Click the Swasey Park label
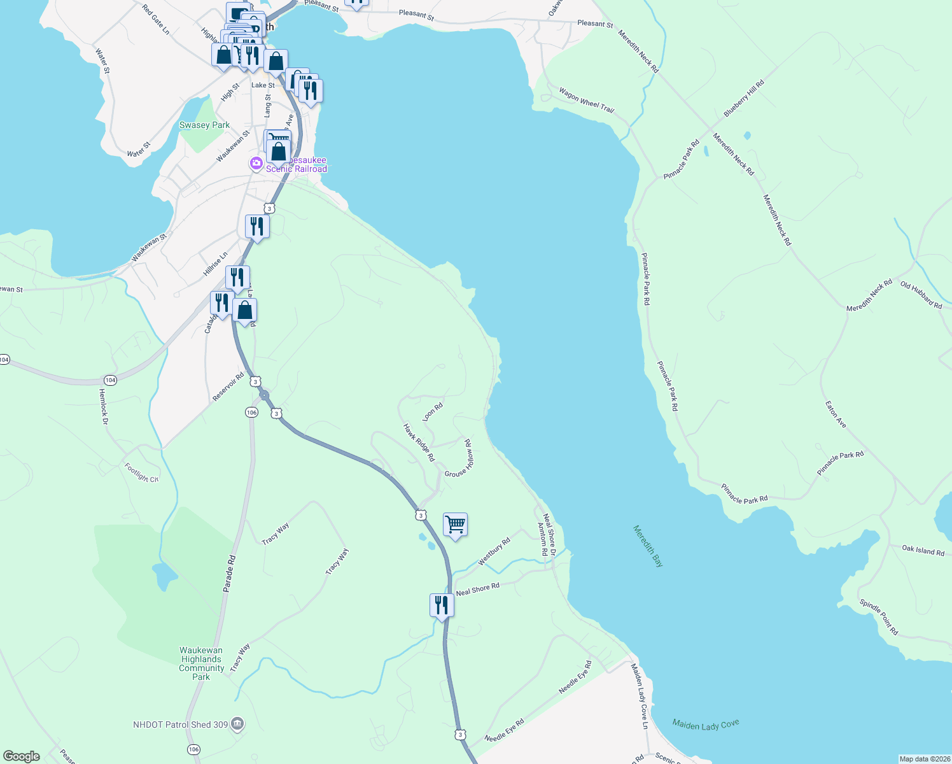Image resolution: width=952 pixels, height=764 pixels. click(x=204, y=125)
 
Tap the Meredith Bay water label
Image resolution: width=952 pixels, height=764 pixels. click(x=648, y=546)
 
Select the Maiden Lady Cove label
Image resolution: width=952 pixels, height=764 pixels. click(x=706, y=725)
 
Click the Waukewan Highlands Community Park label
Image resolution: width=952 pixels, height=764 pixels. click(x=201, y=663)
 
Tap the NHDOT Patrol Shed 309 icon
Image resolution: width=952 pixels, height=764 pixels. click(x=237, y=724)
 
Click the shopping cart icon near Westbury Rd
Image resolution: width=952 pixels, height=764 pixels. click(x=455, y=525)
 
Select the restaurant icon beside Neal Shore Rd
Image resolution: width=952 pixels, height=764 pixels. click(x=442, y=605)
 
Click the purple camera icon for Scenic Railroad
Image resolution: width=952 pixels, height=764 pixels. click(x=256, y=164)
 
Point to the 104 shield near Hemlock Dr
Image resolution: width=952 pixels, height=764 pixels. click(x=111, y=380)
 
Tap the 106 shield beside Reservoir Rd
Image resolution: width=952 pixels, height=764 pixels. click(x=251, y=413)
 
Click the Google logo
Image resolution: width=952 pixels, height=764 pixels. click(x=22, y=756)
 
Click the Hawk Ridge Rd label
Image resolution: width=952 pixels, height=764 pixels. click(x=419, y=442)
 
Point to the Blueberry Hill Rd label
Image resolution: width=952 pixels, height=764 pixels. click(x=744, y=99)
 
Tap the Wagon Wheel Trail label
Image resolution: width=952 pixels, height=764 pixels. click(x=586, y=101)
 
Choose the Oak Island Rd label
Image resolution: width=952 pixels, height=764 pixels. click(x=923, y=551)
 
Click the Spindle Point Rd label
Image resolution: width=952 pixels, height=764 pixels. click(x=879, y=617)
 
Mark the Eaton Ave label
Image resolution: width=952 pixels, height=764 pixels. click(x=836, y=414)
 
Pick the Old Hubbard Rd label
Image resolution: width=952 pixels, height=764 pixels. click(x=921, y=295)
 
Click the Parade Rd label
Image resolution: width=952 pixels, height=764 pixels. click(x=230, y=574)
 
